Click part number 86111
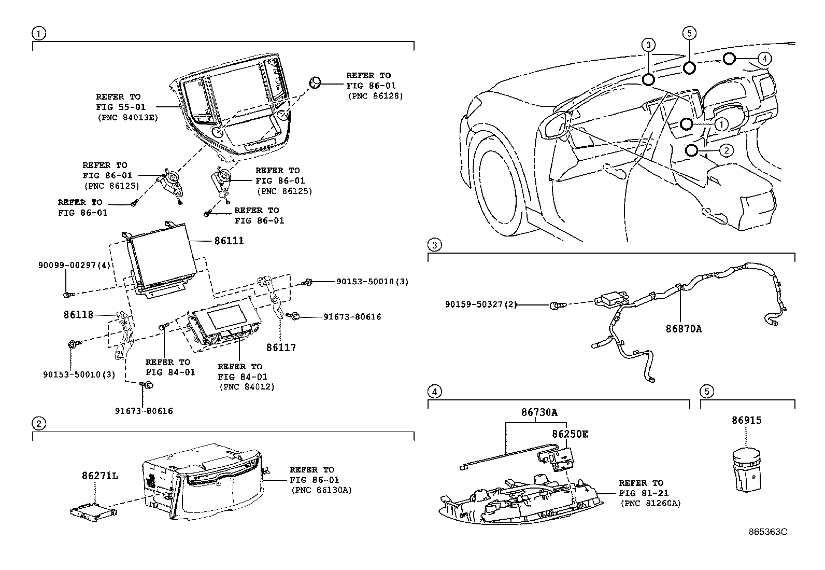pyautogui.click(x=229, y=241)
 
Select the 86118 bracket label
pyautogui.click(x=78, y=314)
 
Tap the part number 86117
pyautogui.click(x=281, y=347)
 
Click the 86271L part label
pyautogui.click(x=99, y=476)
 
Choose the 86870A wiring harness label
pyautogui.click(x=684, y=328)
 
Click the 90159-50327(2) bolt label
pyautogui.click(x=481, y=304)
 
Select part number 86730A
pyautogui.click(x=539, y=412)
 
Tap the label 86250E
pyautogui.click(x=570, y=434)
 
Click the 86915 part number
pyautogui.click(x=747, y=420)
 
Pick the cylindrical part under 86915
pyautogui.click(x=747, y=470)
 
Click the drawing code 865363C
pyautogui.click(x=767, y=532)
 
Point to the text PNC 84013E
pyautogui.click(x=127, y=118)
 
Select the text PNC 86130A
pyautogui.click(x=321, y=490)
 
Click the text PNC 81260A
pyautogui.click(x=650, y=503)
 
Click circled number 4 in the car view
pyautogui.click(x=766, y=59)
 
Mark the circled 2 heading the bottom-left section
pyautogui.click(x=39, y=424)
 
